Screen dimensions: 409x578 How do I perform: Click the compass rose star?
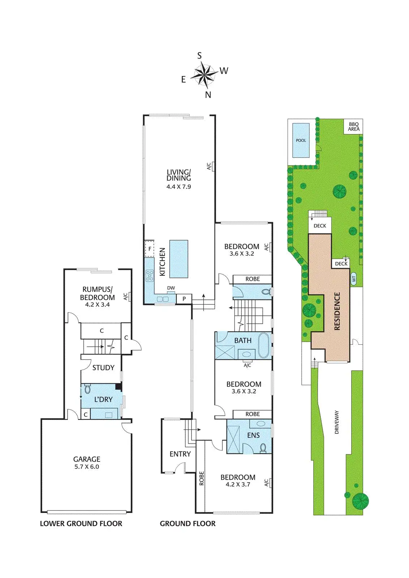pos(204,75)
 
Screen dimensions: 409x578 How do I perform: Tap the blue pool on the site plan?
pos(301,141)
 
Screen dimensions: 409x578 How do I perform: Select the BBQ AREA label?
pos(354,126)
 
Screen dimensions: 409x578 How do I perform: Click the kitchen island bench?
pos(179,259)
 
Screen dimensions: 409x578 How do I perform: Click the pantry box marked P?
pos(184,299)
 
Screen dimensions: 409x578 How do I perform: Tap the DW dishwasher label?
pos(171,288)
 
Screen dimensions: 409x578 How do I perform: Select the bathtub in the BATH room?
pos(264,345)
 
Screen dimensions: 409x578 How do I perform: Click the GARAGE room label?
pos(87,459)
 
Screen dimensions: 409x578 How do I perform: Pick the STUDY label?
pos(103,368)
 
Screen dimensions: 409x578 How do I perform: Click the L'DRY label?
pos(103,400)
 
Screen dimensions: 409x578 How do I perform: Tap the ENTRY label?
pos(180,454)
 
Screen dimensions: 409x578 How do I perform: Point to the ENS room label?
pos(253,435)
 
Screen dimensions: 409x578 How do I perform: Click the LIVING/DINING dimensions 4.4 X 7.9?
pos(178,187)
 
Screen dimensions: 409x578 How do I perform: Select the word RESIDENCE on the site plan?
pos(337,311)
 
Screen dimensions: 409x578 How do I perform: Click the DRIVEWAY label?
pos(337,422)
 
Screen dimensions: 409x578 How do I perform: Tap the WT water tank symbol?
pos(354,279)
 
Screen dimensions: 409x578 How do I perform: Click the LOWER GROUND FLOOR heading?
pos(81,523)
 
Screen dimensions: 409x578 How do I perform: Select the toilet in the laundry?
pos(87,389)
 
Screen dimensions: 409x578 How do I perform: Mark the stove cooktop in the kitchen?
pos(150,276)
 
